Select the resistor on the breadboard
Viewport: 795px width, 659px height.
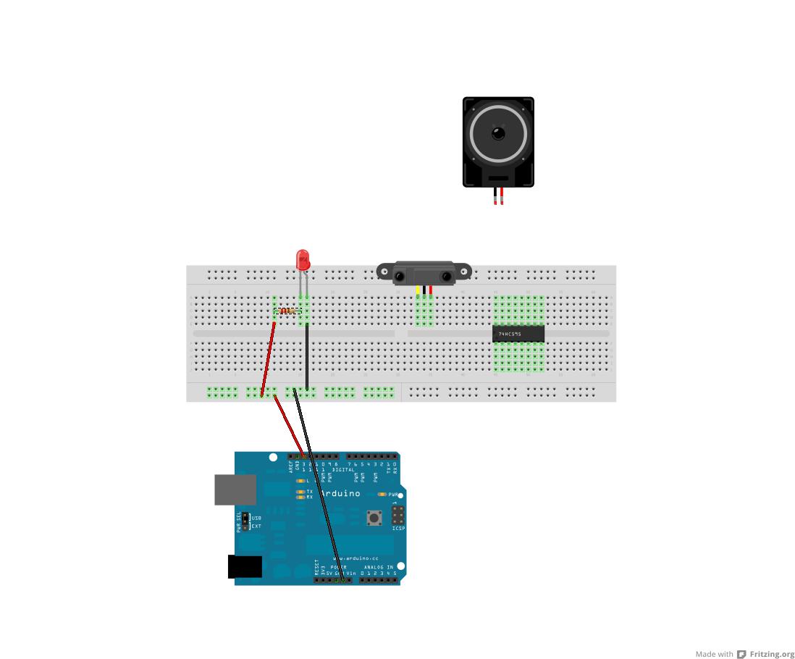point(288,311)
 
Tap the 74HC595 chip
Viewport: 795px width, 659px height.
point(518,333)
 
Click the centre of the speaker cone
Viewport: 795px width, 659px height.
point(498,133)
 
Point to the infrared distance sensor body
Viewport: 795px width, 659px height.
point(424,274)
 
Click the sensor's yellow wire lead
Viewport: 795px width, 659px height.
point(418,290)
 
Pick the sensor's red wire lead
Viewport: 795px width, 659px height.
point(431,290)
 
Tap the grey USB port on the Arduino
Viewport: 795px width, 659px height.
point(235,490)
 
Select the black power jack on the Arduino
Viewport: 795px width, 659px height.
point(245,566)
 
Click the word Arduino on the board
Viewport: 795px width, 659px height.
point(340,494)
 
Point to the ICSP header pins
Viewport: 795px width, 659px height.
point(397,515)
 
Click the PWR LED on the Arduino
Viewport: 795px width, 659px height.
point(382,495)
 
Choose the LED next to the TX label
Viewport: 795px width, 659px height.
point(300,492)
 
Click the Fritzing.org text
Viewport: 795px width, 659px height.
point(772,654)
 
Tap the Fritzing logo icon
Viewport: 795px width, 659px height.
point(741,654)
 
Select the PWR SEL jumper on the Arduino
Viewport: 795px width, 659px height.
point(245,522)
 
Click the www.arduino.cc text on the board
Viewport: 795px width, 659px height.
point(356,558)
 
